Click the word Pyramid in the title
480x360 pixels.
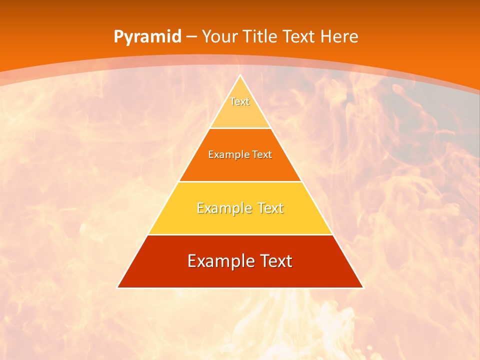(x=147, y=37)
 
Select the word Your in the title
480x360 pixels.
(x=220, y=37)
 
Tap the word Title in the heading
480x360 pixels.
(x=260, y=37)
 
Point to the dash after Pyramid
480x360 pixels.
(x=191, y=37)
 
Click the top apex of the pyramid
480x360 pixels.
(x=240, y=75)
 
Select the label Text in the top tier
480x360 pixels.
(x=240, y=101)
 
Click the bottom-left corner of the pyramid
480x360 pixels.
(x=117, y=287)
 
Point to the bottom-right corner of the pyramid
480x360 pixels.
(x=363, y=287)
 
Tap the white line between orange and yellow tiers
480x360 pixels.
(x=240, y=181)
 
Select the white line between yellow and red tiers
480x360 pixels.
(x=240, y=234)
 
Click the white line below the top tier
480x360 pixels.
(x=240, y=128)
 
